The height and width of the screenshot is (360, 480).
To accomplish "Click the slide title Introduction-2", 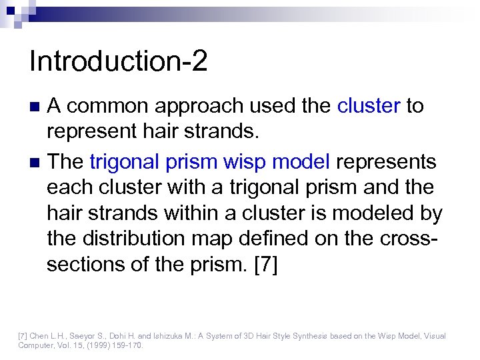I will [119, 61].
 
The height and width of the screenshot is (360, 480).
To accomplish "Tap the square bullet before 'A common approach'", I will [37, 106].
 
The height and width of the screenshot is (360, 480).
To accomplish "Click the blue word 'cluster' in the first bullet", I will [369, 105].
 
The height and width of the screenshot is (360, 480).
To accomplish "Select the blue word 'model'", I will [305, 161].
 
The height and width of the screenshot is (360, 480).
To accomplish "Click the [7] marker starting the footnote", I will [22, 336].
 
